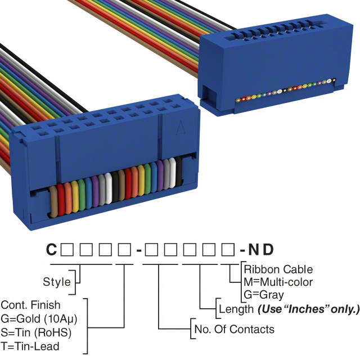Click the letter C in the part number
pyautogui.click(x=51, y=248)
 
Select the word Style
pyautogui.click(x=57, y=282)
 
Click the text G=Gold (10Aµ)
pyautogui.click(x=39, y=318)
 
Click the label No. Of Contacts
pyautogui.click(x=234, y=329)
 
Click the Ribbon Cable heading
pyautogui.click(x=278, y=269)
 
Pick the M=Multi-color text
pyautogui.click(x=278, y=282)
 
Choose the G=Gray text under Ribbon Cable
pyautogui.click(x=264, y=294)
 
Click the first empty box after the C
pyautogui.click(x=67, y=248)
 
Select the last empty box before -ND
pyautogui.click(x=228, y=248)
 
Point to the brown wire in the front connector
pyautogui.click(x=55, y=200)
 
